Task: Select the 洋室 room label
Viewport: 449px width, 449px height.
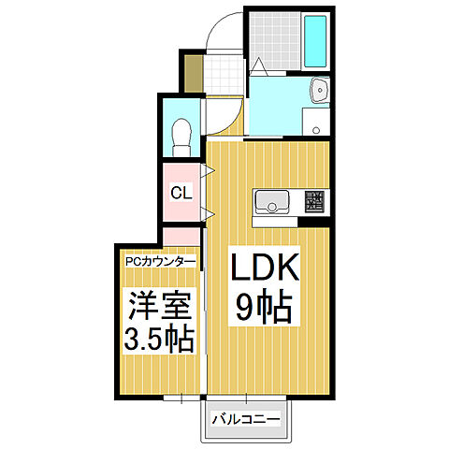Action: (159, 305)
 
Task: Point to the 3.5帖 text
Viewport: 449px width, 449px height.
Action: (159, 337)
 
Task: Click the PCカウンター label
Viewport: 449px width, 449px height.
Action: (161, 263)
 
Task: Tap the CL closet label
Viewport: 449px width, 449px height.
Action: (181, 194)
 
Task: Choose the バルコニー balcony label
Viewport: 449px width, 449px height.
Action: (245, 418)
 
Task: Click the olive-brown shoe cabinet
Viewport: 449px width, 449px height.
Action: (192, 74)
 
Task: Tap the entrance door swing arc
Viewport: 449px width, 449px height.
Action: (223, 33)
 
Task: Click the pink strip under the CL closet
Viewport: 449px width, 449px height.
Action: (181, 235)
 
